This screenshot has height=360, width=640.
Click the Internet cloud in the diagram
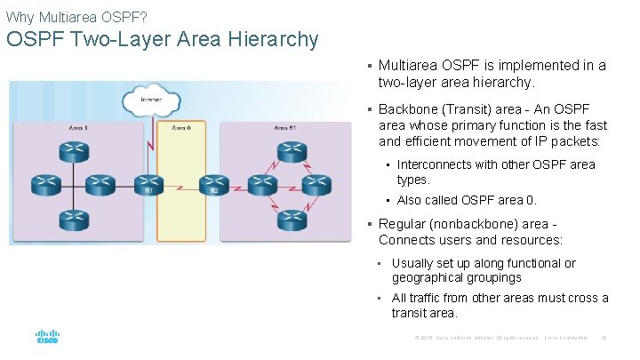click(151, 99)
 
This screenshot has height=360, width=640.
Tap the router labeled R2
click(212, 183)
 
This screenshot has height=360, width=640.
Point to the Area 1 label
click(78, 129)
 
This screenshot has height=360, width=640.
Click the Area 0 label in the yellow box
click(180, 129)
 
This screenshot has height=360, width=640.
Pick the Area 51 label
click(286, 129)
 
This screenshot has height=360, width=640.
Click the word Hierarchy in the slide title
click(272, 40)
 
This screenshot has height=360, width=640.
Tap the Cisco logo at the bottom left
click(47, 338)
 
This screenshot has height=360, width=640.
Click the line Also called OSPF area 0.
click(467, 200)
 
